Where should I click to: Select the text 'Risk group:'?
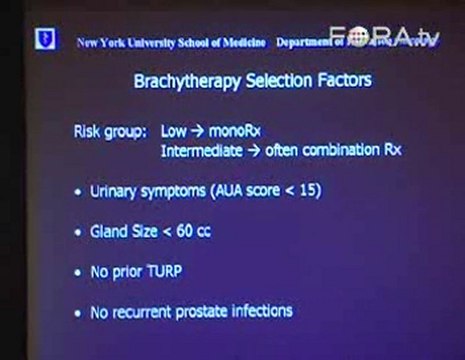(x=107, y=131)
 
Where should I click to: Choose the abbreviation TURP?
(x=164, y=271)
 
